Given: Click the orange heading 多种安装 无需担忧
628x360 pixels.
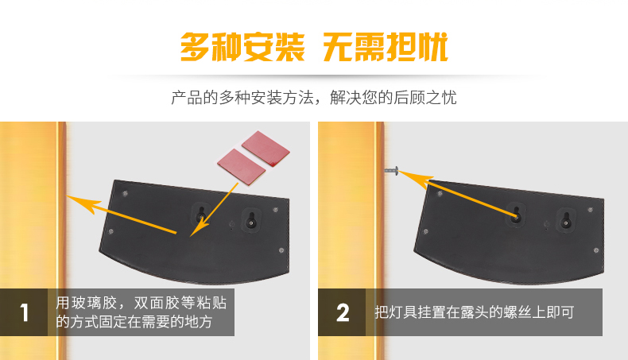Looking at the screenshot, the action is [x=314, y=47].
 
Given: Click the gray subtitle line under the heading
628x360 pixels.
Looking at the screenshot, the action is [x=313, y=98].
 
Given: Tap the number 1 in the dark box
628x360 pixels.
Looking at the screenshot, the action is [x=24, y=312].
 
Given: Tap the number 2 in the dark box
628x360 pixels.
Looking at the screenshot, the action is [x=343, y=312].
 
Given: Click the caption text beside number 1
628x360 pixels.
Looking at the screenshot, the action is [x=141, y=312].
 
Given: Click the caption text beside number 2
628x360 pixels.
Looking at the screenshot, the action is [x=475, y=312].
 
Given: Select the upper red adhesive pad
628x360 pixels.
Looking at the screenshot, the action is [x=266, y=148].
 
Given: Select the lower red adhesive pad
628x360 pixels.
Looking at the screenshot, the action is [x=241, y=167].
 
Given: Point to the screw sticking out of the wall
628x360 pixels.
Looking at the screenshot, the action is [x=392, y=171].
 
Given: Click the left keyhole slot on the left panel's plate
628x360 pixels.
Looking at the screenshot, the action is [x=201, y=215].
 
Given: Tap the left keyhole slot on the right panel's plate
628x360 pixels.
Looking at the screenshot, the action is [x=516, y=215].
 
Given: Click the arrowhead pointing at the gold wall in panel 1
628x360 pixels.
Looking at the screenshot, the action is [x=83, y=203].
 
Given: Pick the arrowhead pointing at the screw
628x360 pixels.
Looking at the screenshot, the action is [x=415, y=178].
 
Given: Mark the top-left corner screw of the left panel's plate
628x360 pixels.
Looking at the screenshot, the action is [x=125, y=194].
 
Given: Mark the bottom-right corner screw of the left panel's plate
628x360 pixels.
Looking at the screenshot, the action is [x=281, y=250].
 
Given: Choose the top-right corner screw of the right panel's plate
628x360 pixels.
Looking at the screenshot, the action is [x=591, y=210].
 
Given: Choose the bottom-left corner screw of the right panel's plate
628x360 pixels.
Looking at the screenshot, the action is [x=425, y=231].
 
